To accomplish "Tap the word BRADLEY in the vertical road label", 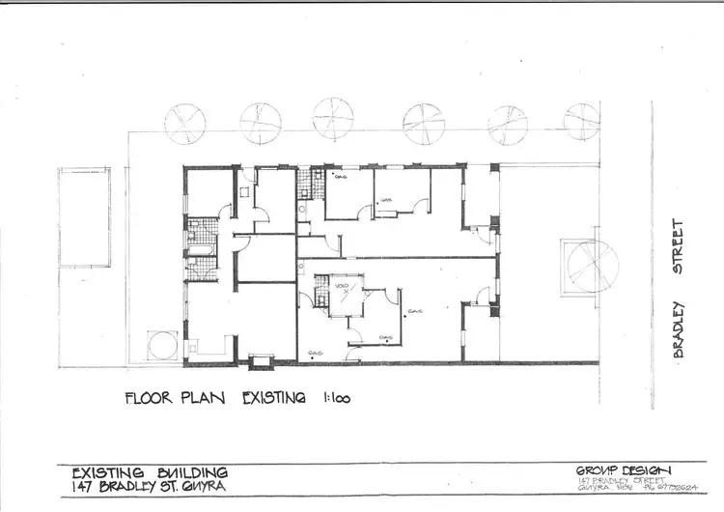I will [679, 329].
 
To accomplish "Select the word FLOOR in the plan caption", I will [153, 397].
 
